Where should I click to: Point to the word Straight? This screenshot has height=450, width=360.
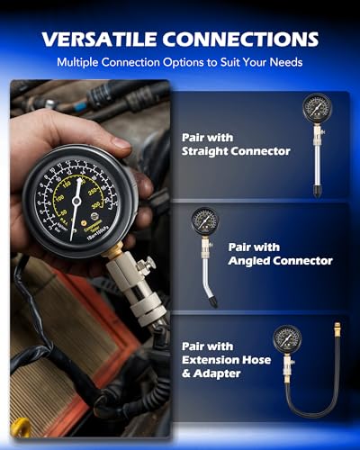216,151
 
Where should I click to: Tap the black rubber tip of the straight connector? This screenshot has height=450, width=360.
318,191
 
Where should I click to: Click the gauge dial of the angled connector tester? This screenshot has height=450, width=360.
202,221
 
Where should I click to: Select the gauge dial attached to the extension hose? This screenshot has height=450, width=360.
288,339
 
